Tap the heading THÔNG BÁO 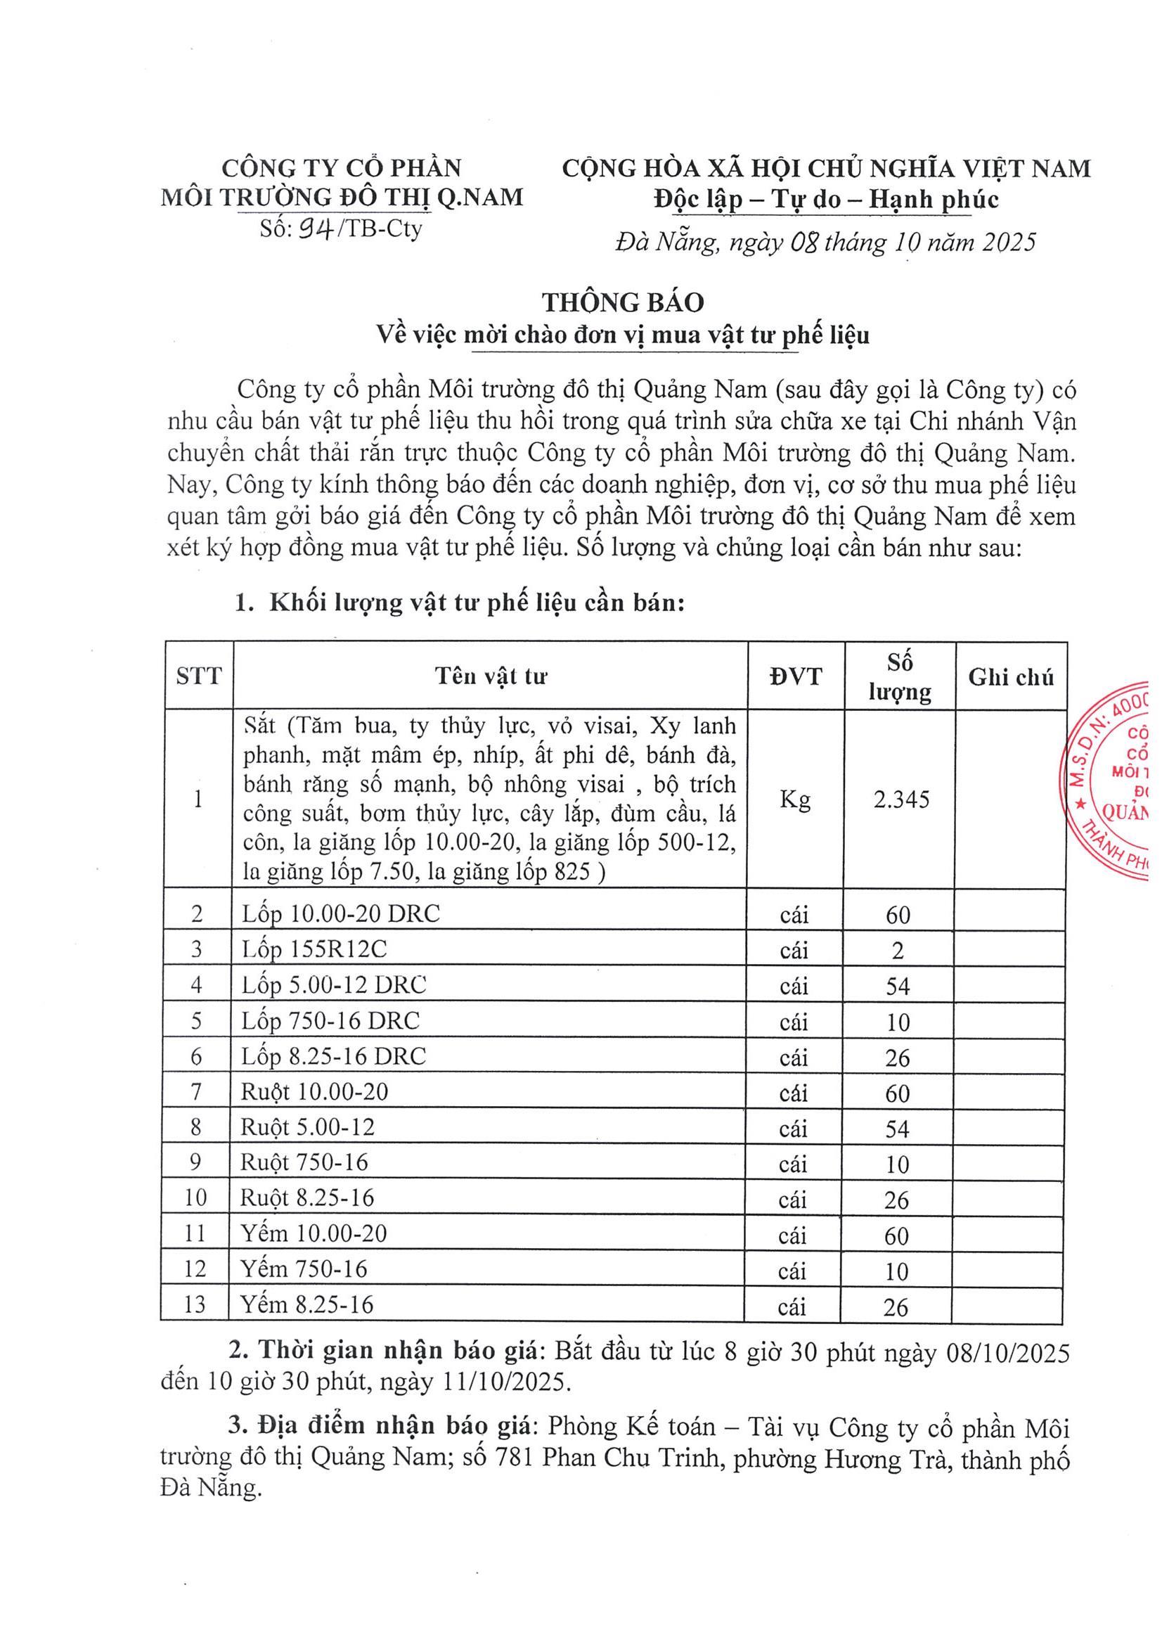623,302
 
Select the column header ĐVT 796,676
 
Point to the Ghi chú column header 1011,677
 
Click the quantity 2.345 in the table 900,799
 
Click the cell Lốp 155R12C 314,949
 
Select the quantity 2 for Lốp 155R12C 898,950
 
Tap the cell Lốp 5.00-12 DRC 334,985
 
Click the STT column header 199,676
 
